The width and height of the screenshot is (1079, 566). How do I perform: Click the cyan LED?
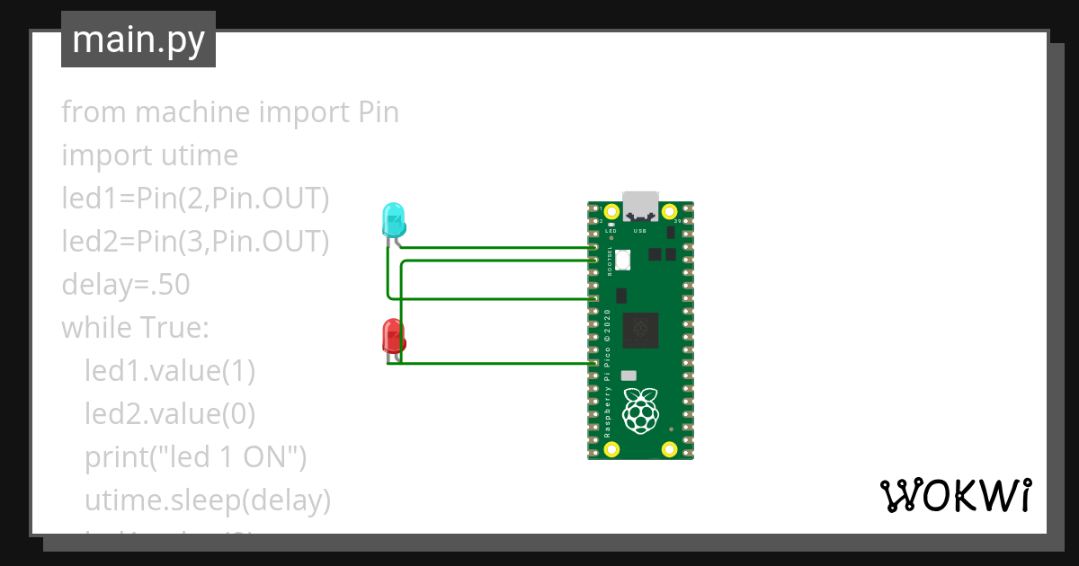point(394,220)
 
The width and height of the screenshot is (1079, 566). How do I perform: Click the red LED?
point(394,335)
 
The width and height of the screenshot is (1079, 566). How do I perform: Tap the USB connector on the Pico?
point(640,207)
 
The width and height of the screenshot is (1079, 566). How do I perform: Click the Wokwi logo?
point(955,495)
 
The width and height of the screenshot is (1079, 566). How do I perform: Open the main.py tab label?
point(138,40)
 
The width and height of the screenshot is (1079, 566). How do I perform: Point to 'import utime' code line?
point(150,155)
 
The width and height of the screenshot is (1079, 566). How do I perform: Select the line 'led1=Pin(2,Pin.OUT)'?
point(195,199)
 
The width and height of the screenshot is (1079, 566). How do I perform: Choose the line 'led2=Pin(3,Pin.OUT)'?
point(195,242)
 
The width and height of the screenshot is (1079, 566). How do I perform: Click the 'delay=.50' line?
point(126,285)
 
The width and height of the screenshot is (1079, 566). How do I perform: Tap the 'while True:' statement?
point(135,328)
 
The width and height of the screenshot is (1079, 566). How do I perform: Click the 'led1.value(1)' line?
point(170,371)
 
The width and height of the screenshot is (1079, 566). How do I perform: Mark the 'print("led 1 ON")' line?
point(196,457)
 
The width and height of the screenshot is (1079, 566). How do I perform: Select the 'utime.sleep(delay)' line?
point(208,500)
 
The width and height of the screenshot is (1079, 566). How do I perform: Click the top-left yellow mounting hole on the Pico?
point(611,213)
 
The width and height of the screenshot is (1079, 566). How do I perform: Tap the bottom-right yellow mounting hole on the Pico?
point(668,449)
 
